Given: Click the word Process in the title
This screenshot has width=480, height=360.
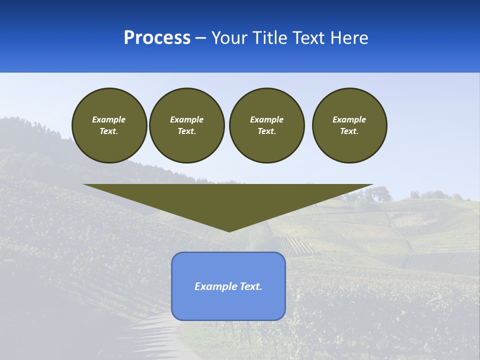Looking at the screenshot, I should click(157, 38).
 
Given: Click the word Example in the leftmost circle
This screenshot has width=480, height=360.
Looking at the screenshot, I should click(109, 119).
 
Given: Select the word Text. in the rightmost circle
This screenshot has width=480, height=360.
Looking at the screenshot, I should click(349, 131).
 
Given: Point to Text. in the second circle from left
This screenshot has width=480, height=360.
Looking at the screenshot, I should click(186, 131).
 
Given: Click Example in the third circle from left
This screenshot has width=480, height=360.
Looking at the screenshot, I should click(266, 119).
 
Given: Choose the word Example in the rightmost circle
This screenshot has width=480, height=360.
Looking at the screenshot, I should click(349, 119).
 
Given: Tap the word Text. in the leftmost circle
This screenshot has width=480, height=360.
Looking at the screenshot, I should click(109, 131).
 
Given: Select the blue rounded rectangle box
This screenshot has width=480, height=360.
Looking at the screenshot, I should click(228, 305).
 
